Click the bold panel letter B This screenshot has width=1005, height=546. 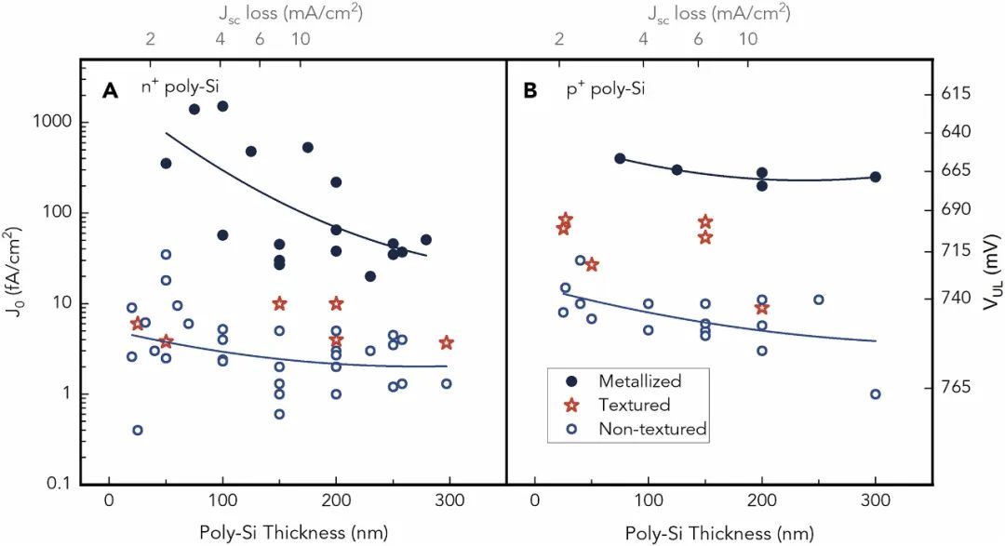(x=531, y=90)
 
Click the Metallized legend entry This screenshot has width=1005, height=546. (x=639, y=380)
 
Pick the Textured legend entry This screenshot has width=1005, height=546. (x=635, y=405)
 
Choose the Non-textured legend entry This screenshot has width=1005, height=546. (x=652, y=429)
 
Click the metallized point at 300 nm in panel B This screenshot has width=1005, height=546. (x=876, y=177)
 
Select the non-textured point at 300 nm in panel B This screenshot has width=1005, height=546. (x=876, y=393)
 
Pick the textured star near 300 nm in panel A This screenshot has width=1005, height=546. (x=447, y=343)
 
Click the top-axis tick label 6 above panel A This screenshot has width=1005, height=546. (x=260, y=40)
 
